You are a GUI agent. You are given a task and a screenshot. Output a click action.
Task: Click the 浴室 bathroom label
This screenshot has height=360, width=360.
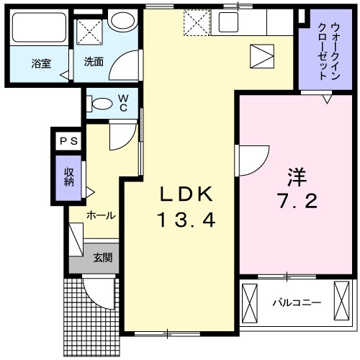[x=40, y=63]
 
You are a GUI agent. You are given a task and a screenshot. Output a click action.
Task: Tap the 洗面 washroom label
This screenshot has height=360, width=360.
[x=94, y=63]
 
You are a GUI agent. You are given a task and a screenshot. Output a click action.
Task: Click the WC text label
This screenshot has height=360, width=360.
[x=124, y=102]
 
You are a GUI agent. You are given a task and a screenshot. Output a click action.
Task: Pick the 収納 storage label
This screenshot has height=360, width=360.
[x=70, y=175]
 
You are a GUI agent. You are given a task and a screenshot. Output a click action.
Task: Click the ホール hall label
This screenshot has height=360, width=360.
[x=101, y=215]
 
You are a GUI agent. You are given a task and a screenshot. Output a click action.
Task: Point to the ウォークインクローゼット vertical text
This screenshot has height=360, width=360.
[x=322, y=50]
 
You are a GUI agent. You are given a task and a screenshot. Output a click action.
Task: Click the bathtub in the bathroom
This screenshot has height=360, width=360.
[x=39, y=30]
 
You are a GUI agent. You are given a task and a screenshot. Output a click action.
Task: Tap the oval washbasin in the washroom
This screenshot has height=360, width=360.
[x=123, y=21]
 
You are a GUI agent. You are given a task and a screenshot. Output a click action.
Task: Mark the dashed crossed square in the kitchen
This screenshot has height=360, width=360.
[x=195, y=22]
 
